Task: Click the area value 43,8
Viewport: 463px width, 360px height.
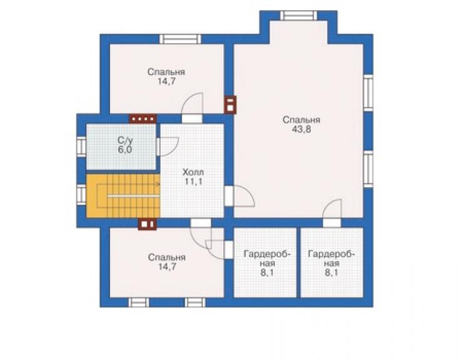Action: pos(301,130)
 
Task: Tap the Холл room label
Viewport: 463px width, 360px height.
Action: pos(193,172)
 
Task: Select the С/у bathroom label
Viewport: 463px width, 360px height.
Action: pos(125,140)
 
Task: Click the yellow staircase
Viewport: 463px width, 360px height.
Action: pos(123,196)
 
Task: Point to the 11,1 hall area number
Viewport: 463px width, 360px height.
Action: pos(193,182)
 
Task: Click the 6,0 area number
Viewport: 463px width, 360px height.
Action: pos(125,150)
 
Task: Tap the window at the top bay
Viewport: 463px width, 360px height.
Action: pos(298,16)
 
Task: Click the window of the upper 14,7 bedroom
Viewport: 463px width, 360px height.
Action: pos(180,39)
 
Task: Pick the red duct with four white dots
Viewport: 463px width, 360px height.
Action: pos(143,119)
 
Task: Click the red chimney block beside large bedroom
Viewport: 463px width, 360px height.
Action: pos(230,105)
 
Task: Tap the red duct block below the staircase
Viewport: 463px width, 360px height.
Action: pos(147,224)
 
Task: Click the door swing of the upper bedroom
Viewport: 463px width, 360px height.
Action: pos(192,103)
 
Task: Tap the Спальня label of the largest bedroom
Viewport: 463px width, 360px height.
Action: pos(301,120)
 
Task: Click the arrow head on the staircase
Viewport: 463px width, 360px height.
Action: pos(158,185)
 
